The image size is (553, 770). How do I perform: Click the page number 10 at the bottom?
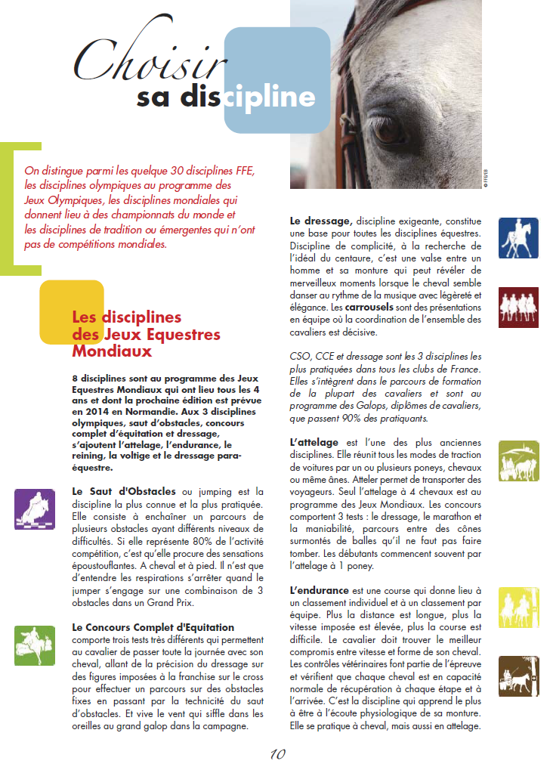coord(277,754)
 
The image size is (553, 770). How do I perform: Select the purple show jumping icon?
coord(34,509)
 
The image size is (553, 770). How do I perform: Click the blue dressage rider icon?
coord(518,238)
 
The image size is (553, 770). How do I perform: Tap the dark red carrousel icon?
coord(518,307)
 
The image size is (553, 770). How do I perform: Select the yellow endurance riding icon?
coord(518,607)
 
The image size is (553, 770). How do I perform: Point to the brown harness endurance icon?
coord(518,676)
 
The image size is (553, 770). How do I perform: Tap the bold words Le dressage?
coord(321,221)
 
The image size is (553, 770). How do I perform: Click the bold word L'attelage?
coord(313,441)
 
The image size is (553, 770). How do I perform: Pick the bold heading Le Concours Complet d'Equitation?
coord(153,627)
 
